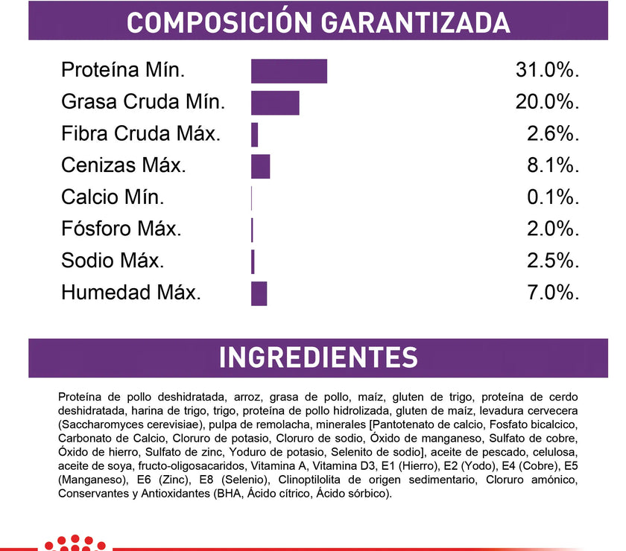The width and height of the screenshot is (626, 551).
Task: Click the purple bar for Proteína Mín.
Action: click(x=288, y=71)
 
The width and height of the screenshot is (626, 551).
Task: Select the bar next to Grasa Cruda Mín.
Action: click(x=275, y=103)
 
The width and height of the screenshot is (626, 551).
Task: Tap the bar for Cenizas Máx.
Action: click(x=260, y=166)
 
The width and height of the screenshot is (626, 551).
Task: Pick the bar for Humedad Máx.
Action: click(x=259, y=293)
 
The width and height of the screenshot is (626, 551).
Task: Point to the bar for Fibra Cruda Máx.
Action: click(x=254, y=135)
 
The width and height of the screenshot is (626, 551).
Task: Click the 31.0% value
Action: click(x=547, y=71)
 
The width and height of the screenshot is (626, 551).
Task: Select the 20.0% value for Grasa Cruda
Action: click(x=547, y=103)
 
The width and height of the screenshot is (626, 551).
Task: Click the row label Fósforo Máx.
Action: click(x=121, y=229)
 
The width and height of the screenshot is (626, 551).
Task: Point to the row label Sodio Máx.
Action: click(x=113, y=261)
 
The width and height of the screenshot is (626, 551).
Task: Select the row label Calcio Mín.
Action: click(x=113, y=198)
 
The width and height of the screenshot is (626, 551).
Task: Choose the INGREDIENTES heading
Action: click(x=318, y=357)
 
